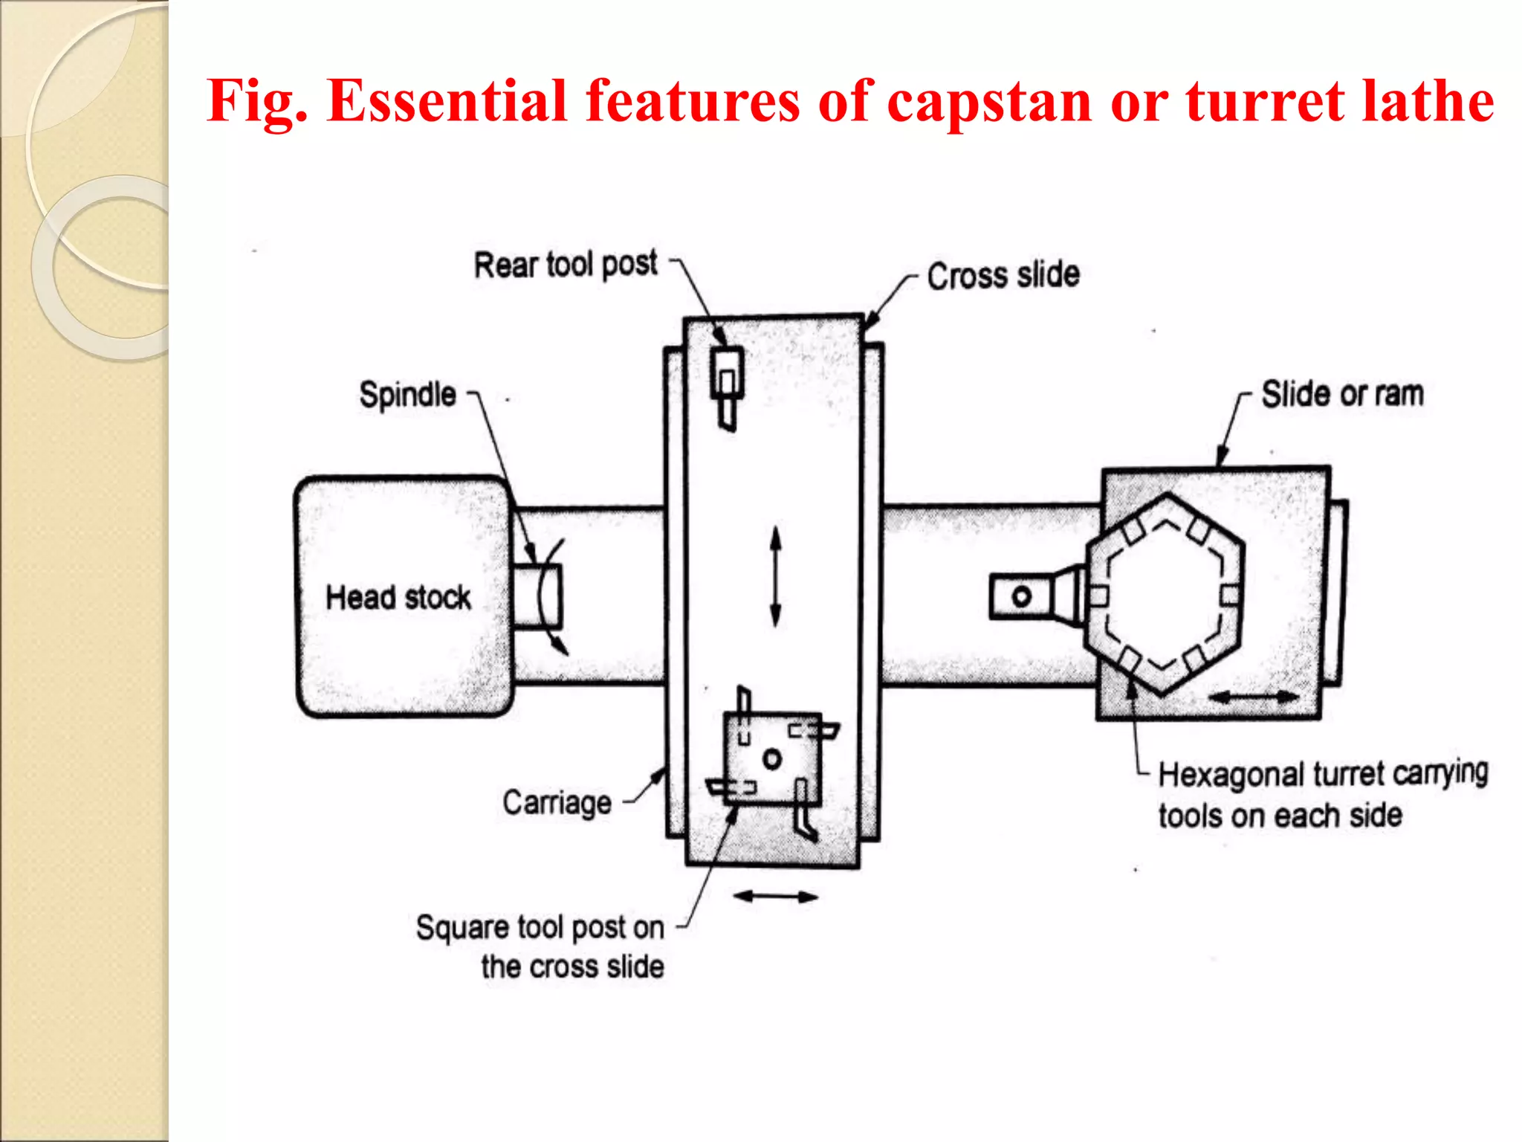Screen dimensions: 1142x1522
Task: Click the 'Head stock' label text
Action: coord(398,598)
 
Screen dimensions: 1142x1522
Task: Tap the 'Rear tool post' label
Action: coord(566,264)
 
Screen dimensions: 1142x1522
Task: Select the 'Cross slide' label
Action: coord(1003,276)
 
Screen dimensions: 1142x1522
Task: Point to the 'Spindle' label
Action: coord(407,394)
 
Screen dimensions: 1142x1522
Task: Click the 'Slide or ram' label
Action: coord(1342,394)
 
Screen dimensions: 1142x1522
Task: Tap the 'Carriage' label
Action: coord(557,803)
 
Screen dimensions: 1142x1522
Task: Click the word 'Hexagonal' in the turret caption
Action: coord(1230,775)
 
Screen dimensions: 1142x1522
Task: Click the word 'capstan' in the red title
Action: coord(989,101)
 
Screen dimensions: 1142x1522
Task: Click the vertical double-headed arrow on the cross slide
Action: coord(775,577)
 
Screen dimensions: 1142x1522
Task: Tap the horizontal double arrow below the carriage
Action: coord(775,897)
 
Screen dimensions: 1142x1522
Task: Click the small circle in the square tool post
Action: coord(772,759)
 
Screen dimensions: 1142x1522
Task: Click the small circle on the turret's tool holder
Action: coord(1022,596)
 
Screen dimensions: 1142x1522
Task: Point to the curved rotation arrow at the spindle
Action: coord(554,595)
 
